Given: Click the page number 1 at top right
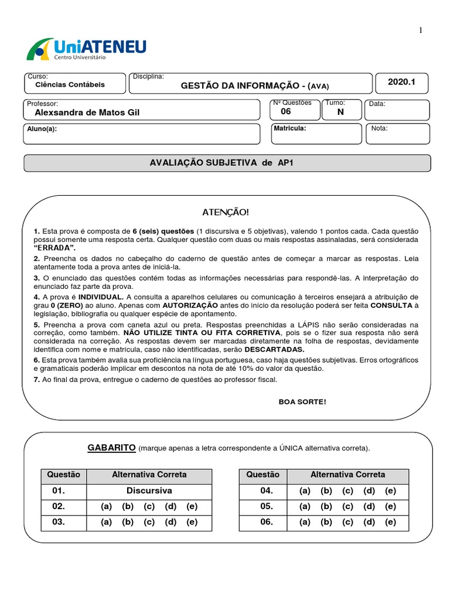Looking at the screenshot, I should tap(420, 30).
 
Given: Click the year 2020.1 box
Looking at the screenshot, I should tap(401, 83).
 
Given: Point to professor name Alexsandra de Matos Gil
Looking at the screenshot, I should tap(88, 112).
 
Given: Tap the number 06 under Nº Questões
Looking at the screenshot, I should tap(286, 111).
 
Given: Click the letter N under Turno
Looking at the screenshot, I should tap(340, 112).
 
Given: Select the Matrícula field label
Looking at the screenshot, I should tap(290, 128).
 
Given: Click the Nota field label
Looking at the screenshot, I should tap(379, 128).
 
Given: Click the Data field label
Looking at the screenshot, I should tap(377, 104).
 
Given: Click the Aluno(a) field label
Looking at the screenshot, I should tap(42, 128).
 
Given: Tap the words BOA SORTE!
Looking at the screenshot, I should tap(302, 401).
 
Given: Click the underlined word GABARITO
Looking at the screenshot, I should tap(111, 448).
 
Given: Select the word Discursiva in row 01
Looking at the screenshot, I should tap(149, 490).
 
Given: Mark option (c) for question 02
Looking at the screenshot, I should tap(149, 506).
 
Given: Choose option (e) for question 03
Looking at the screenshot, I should tap(192, 521).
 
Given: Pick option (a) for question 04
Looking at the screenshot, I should tap(305, 490).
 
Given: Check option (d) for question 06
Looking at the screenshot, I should tap(369, 521).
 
